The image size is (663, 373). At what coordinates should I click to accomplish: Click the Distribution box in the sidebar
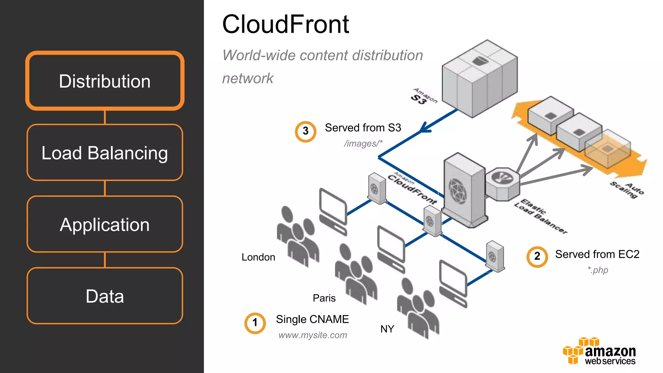pyautogui.click(x=105, y=81)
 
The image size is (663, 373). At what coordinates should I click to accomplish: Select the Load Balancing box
pyautogui.click(x=105, y=153)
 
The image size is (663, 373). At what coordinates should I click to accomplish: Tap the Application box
pyautogui.click(x=105, y=224)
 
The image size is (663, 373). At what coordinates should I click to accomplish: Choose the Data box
pyautogui.click(x=105, y=296)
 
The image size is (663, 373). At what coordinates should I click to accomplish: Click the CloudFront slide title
pyautogui.click(x=286, y=24)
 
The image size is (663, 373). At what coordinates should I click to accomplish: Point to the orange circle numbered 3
pyautogui.click(x=305, y=131)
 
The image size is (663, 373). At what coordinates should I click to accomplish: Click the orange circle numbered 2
pyautogui.click(x=537, y=256)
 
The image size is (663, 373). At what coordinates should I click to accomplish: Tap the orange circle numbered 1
pyautogui.click(x=255, y=323)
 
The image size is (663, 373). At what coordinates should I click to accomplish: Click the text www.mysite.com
pyautogui.click(x=313, y=335)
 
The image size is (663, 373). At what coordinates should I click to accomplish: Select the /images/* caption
pyautogui.click(x=363, y=143)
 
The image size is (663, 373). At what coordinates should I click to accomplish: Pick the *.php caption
pyautogui.click(x=598, y=270)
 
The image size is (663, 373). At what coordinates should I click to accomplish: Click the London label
pyautogui.click(x=258, y=257)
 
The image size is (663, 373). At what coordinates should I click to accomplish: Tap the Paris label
pyautogui.click(x=324, y=298)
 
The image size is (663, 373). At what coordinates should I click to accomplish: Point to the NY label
pyautogui.click(x=387, y=329)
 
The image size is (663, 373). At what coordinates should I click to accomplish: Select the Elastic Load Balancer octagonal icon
pyautogui.click(x=502, y=184)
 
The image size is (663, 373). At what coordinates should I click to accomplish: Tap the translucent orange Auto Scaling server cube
pyautogui.click(x=608, y=149)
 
